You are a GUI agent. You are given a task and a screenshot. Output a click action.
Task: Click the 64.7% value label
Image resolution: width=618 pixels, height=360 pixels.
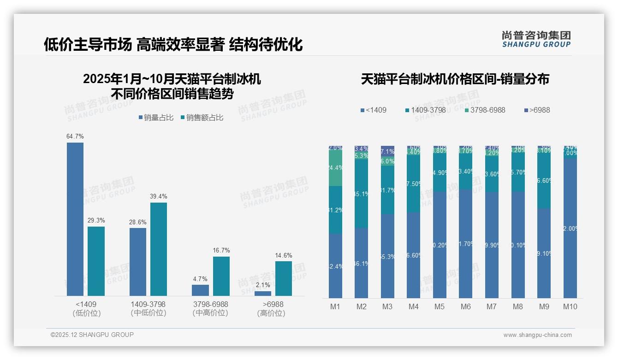[75, 137]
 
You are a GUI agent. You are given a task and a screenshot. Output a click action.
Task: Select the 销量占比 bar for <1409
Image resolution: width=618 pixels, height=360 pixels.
[75, 219]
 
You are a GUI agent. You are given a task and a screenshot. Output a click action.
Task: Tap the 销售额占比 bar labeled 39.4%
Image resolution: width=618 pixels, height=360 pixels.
[159, 249]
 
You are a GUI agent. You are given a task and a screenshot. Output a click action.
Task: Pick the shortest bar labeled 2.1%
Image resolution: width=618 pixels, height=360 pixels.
[263, 294]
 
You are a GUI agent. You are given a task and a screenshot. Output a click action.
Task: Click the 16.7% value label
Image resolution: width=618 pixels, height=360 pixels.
[221, 251]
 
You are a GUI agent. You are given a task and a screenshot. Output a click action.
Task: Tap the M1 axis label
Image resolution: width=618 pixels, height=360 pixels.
[335, 306]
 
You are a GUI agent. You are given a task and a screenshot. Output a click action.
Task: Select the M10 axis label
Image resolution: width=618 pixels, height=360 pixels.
[570, 306]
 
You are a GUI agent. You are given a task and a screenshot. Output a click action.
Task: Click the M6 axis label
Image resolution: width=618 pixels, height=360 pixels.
[466, 306]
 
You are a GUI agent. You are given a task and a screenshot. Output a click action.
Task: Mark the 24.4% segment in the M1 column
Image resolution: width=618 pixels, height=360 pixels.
[335, 168]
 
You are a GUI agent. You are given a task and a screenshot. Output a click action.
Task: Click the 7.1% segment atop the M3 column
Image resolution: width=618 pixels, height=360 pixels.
[387, 151]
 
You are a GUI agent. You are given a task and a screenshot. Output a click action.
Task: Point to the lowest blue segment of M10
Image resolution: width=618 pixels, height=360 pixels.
[570, 228]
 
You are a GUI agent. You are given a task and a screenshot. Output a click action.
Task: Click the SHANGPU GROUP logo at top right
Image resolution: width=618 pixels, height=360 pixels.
[536, 39]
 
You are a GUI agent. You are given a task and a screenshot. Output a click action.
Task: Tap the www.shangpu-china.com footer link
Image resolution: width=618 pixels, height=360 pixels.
[537, 335]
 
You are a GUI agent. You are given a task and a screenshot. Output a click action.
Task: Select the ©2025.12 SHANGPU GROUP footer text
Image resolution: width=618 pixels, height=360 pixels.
[92, 335]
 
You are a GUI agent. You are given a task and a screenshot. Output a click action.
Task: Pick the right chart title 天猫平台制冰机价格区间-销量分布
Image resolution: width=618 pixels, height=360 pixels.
[455, 79]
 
